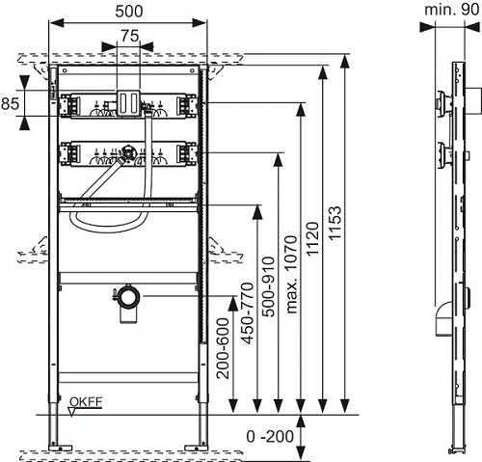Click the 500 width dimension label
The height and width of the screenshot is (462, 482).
(129, 12)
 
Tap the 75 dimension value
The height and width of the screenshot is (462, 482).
(130, 36)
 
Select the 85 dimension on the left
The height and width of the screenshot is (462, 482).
(10, 103)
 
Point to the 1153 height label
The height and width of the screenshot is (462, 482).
(335, 223)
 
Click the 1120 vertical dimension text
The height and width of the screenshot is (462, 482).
(312, 238)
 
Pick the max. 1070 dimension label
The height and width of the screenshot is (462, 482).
(291, 274)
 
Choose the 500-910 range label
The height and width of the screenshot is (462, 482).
(269, 286)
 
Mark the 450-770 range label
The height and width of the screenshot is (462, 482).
(247, 313)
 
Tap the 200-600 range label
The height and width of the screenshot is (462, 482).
(223, 348)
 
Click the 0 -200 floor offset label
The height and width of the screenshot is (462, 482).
(270, 436)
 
